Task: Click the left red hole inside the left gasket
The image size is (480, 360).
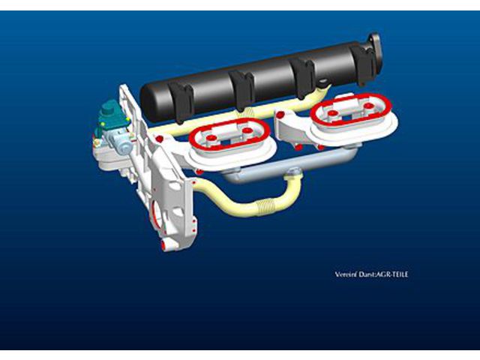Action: [x=211, y=138]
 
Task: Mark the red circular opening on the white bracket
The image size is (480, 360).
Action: [x=157, y=212]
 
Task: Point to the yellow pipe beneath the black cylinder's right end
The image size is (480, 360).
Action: [x=322, y=92]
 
